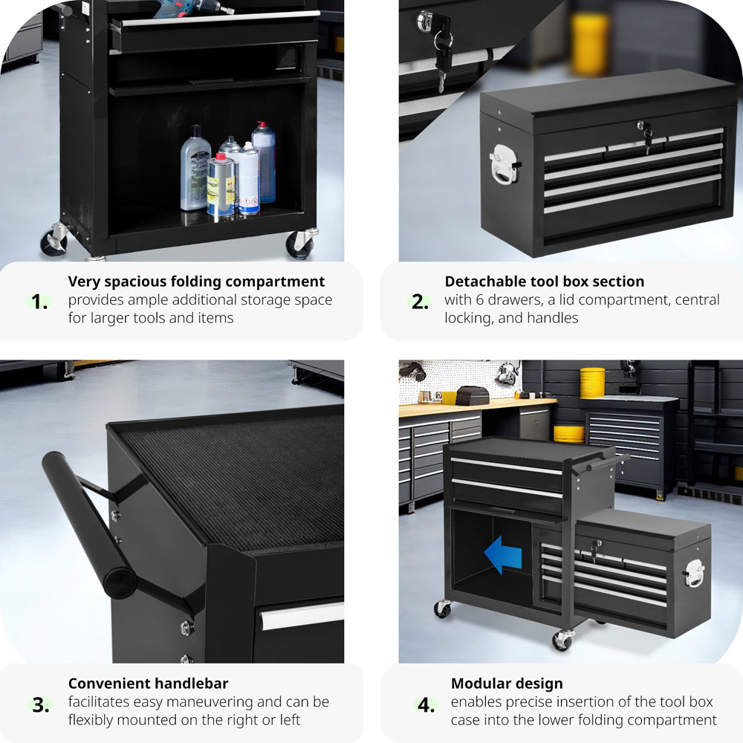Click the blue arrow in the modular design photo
click(x=502, y=554)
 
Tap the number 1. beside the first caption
click(x=39, y=302)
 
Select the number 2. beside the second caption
click(x=420, y=302)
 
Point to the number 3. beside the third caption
click(x=41, y=705)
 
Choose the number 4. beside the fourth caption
click(x=426, y=705)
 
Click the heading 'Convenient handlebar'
click(x=149, y=684)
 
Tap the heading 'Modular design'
click(x=507, y=684)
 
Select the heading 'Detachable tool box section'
click(x=545, y=282)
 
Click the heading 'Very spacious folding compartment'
click(x=196, y=282)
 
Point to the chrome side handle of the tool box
click(x=504, y=163)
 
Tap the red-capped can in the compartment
click(x=221, y=185)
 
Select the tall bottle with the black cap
click(x=195, y=168)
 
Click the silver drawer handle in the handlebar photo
click(x=302, y=616)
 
